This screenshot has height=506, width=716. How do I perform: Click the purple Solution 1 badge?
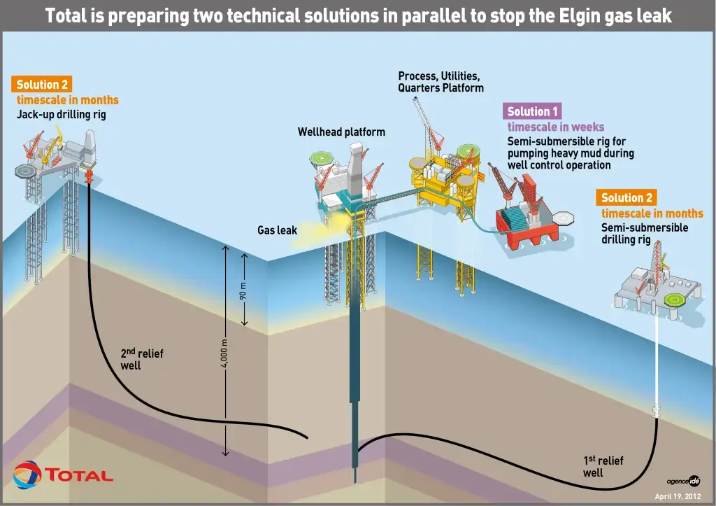pos(532,111)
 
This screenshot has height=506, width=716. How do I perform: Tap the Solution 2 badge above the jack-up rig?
pos(41,84)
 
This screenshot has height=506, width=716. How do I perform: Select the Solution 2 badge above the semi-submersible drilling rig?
pos(626,197)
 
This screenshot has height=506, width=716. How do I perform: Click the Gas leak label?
pos(277,230)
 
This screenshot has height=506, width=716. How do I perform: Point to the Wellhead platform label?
pos(341,132)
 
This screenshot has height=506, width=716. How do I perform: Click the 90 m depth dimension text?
pos(243,291)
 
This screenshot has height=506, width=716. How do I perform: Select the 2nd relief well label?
pos(141,359)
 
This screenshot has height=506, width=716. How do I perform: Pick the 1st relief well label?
pos(603,466)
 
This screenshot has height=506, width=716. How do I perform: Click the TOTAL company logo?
pos(62,475)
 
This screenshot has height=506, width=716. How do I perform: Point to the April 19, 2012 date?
pos(678,496)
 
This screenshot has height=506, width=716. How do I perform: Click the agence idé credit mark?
pos(683,481)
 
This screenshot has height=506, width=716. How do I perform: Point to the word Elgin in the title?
pos(578,15)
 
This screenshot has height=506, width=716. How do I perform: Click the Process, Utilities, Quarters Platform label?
pos(441,82)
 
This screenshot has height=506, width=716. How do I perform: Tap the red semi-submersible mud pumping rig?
pos(530,213)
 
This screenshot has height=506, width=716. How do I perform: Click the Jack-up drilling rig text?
pos(62,114)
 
